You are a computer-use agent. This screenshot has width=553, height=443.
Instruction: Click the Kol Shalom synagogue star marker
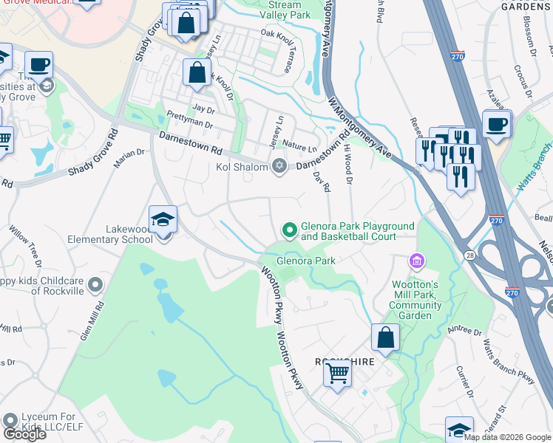(x=279, y=165)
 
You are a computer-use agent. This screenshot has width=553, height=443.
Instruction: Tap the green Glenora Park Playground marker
(x=290, y=231)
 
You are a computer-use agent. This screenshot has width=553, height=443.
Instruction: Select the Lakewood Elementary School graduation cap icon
(x=163, y=219)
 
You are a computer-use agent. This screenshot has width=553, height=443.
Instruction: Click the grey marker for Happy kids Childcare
(x=95, y=284)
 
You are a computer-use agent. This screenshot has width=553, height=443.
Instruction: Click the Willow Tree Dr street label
(x=24, y=246)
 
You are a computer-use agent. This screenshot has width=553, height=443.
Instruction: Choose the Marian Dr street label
(x=129, y=159)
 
